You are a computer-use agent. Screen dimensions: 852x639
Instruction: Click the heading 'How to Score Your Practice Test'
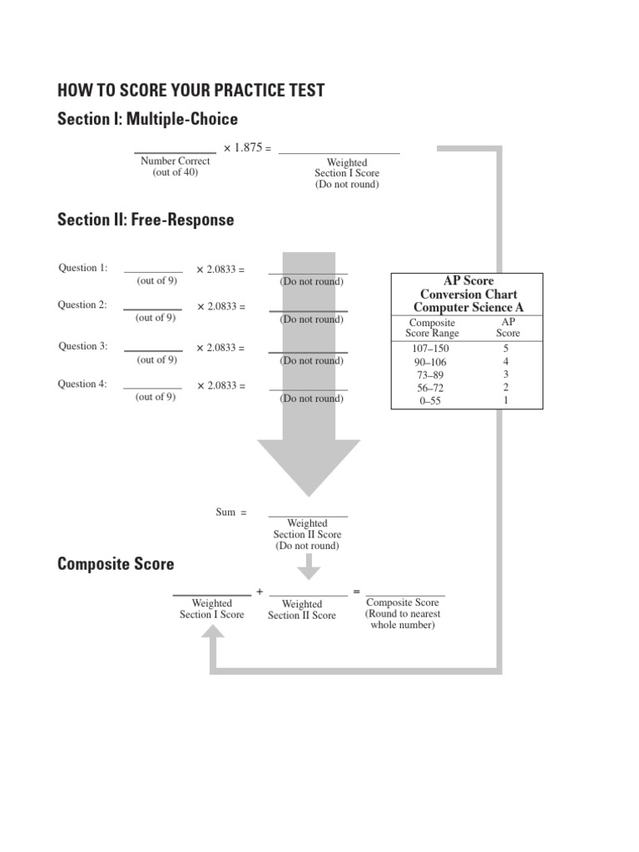(191, 91)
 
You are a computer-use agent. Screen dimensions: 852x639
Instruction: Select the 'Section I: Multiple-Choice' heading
(147, 119)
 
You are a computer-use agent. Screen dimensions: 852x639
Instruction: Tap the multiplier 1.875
(247, 147)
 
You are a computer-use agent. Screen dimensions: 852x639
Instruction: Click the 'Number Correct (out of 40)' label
(175, 166)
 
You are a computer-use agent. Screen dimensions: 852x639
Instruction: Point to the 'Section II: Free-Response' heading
(146, 220)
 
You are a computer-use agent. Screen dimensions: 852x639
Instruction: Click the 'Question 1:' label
(82, 268)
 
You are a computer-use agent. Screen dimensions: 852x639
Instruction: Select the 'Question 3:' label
(82, 346)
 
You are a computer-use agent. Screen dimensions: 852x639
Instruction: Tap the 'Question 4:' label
(82, 384)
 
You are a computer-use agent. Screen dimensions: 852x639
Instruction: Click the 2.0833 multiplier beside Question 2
(220, 307)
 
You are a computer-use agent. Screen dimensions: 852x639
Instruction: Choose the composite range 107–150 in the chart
(432, 349)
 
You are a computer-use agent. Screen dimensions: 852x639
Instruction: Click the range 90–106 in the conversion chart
(432, 363)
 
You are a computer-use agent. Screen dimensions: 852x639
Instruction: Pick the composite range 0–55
(432, 400)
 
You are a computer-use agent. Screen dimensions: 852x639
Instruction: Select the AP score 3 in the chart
(506, 375)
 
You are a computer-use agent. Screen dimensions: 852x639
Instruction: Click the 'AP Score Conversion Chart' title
(468, 295)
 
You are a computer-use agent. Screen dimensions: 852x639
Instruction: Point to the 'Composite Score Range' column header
(432, 327)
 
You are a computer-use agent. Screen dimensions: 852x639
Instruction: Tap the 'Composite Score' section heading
(116, 564)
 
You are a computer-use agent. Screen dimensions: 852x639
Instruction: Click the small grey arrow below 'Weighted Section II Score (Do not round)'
(309, 568)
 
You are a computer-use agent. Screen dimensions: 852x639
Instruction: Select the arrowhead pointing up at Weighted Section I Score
(212, 635)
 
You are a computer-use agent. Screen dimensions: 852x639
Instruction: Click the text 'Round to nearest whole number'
(403, 619)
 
